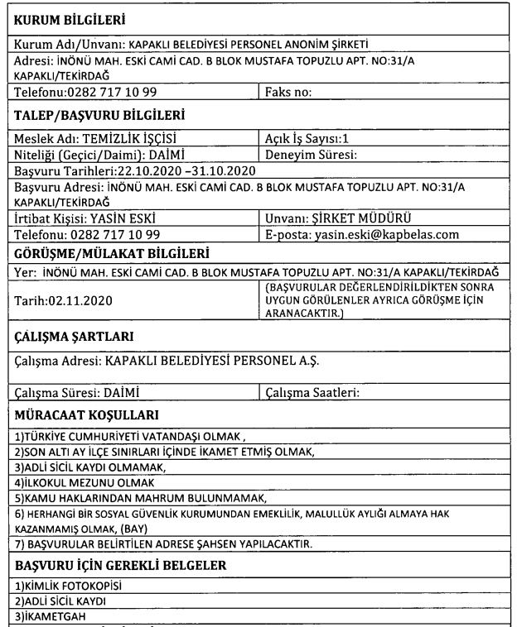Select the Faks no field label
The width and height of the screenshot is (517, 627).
287,93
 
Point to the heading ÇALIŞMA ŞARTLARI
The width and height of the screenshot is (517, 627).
73,337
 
